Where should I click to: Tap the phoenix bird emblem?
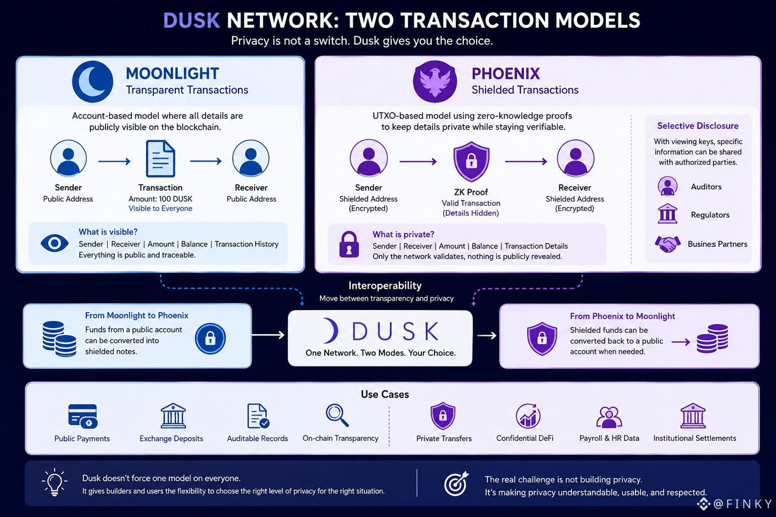(435, 82)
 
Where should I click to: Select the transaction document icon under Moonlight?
(160, 159)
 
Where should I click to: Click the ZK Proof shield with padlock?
(471, 162)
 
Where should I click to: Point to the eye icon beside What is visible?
(55, 243)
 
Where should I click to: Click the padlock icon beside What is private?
(349, 244)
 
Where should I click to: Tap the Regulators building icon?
(667, 214)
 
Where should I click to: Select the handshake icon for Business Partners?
(667, 244)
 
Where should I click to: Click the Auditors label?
(706, 187)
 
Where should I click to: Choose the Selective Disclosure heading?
(698, 126)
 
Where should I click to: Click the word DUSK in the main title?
(191, 20)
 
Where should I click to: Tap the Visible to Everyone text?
(160, 209)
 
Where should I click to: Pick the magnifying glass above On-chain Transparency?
(337, 416)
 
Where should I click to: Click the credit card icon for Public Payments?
(83, 416)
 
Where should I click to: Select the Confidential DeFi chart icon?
(527, 416)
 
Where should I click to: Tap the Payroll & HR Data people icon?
(609, 417)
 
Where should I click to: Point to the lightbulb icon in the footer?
(55, 482)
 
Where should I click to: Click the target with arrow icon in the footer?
(456, 483)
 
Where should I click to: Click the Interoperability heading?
(385, 285)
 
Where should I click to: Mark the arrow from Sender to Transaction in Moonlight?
(114, 161)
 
